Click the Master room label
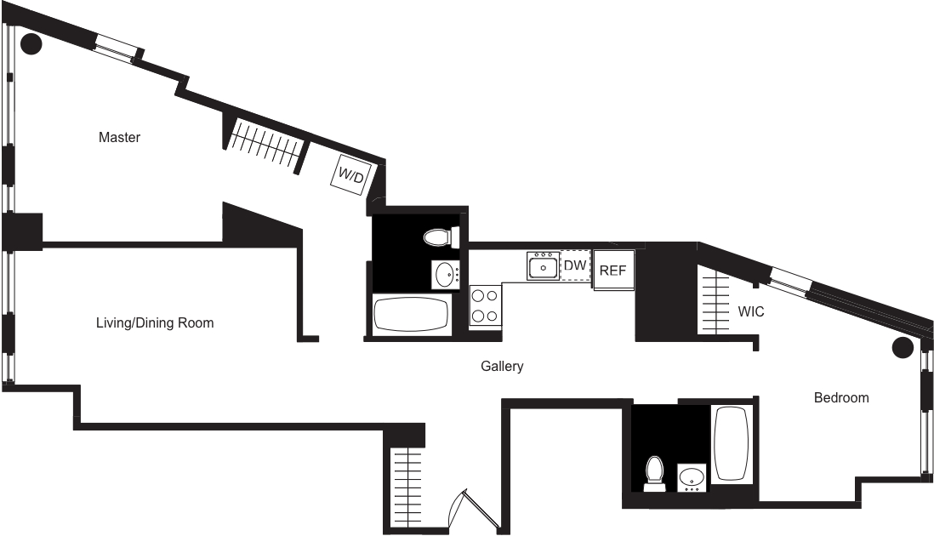pyautogui.click(x=119, y=137)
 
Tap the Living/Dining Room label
pyautogui.click(x=154, y=323)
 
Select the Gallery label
pyautogui.click(x=501, y=367)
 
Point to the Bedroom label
pyautogui.click(x=841, y=397)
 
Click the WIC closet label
pyautogui.click(x=751, y=312)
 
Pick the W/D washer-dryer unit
pyautogui.click(x=350, y=175)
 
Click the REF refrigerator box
pyautogui.click(x=613, y=271)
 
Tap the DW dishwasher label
pyautogui.click(x=575, y=266)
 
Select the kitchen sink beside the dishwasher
pyautogui.click(x=542, y=267)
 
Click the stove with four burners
pyautogui.click(x=485, y=306)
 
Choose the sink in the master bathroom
pyautogui.click(x=445, y=274)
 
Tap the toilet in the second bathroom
pyautogui.click(x=654, y=473)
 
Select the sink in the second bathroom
pyautogui.click(x=692, y=477)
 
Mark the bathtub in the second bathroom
pyautogui.click(x=730, y=443)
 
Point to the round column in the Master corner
pyautogui.click(x=31, y=43)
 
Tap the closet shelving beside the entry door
pyautogui.click(x=407, y=478)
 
